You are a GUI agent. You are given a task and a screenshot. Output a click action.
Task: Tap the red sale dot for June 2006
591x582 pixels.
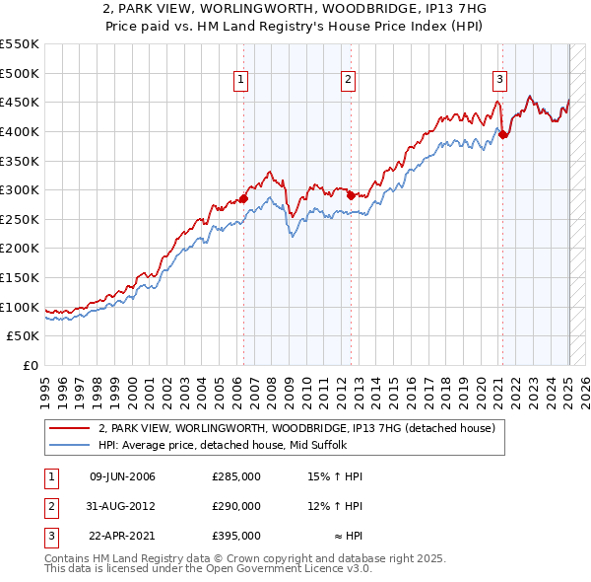(x=243, y=199)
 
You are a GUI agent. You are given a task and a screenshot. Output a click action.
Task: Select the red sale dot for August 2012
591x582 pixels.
(x=351, y=196)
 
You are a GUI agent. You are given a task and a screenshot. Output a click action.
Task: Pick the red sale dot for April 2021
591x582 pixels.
(x=502, y=135)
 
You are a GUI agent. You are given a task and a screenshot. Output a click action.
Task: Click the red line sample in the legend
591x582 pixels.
(x=70, y=428)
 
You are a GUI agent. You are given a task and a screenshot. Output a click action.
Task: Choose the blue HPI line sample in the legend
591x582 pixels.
(x=70, y=445)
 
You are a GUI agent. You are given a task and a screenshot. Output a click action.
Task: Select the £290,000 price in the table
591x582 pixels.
(x=235, y=506)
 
